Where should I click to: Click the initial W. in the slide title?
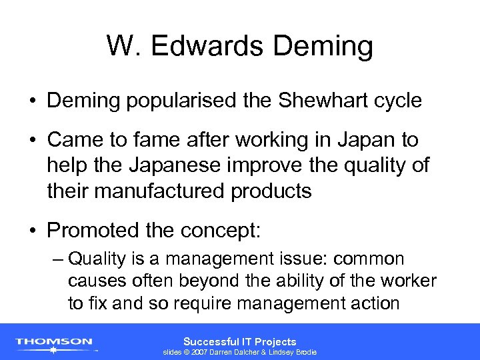coord(123,47)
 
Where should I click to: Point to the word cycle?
coord(397,101)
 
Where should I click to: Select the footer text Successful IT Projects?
coord(240,341)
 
